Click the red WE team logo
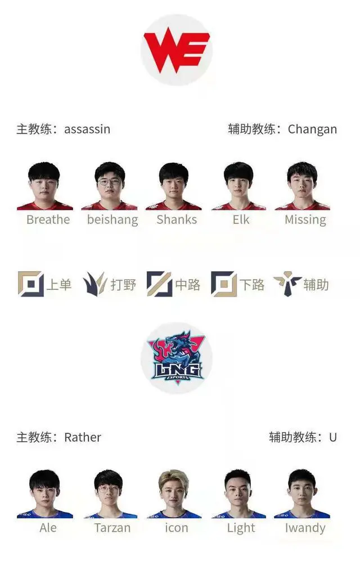tap(177, 51)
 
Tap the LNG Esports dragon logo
tap(177, 358)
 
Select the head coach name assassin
tap(87, 129)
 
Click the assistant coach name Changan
tap(312, 129)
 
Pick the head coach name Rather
tap(83, 437)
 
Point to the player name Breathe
tap(48, 219)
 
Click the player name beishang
tap(112, 219)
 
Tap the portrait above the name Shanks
tap(174, 186)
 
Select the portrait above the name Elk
tap(238, 186)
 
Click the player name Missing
tap(305, 220)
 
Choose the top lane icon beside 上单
tap(31, 284)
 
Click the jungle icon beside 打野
tap(95, 284)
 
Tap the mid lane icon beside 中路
tap(159, 284)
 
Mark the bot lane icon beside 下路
tap(224, 284)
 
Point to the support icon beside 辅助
tap(287, 284)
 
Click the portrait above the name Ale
tap(45, 494)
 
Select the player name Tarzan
tap(112, 528)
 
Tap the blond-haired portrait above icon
tap(174, 494)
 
